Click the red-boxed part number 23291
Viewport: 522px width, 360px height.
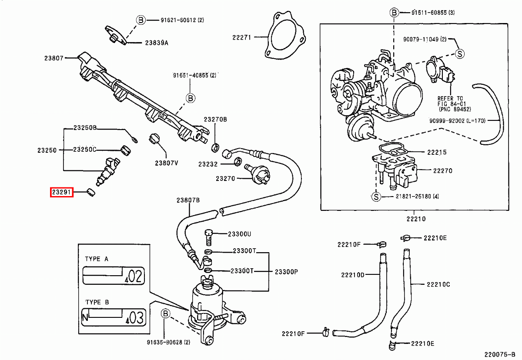point(62,192)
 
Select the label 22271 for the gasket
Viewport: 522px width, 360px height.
point(241,38)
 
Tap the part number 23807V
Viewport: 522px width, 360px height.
point(167,163)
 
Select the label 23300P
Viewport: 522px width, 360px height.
point(286,271)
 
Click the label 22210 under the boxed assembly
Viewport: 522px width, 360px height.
point(416,219)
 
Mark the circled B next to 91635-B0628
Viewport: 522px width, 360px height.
point(165,313)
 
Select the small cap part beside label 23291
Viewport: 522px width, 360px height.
point(91,192)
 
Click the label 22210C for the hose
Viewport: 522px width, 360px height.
point(438,284)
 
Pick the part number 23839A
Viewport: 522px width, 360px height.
point(157,43)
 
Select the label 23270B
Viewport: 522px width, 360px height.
point(216,119)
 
